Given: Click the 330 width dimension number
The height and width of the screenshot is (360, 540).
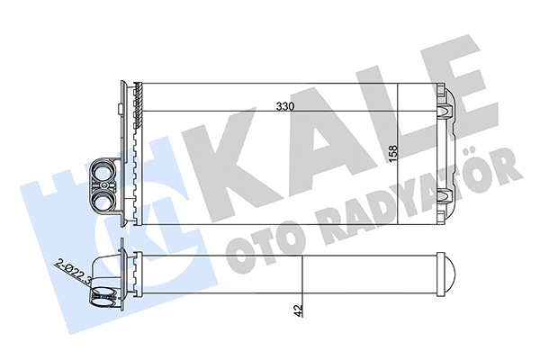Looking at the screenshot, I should [x=287, y=106].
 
